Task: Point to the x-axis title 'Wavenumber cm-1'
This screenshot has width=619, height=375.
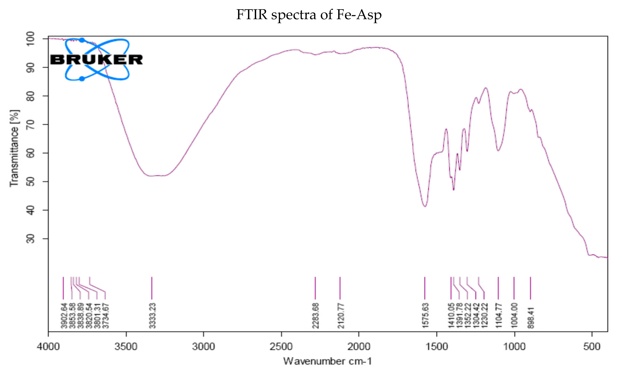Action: pos(327,361)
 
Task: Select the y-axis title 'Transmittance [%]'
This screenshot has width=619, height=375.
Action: pos(14,148)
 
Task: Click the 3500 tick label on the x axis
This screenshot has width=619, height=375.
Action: pos(126,347)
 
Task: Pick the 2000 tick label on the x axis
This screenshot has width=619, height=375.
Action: pos(359,347)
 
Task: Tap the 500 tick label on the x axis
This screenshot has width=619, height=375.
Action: pos(592,347)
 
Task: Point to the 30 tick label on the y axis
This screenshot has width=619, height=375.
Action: pos(31,238)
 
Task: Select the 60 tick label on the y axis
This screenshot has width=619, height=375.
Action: pos(31,153)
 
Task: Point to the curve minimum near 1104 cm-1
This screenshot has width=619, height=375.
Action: pos(498,151)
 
